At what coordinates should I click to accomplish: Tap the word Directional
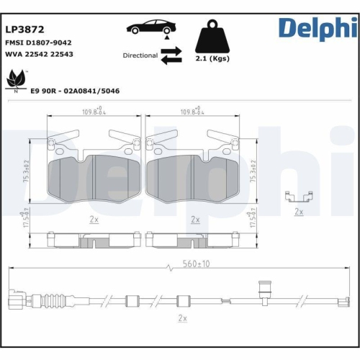pos(140,55)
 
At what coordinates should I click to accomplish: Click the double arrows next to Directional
pos(171,55)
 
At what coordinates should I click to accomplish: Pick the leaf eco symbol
pos(15,78)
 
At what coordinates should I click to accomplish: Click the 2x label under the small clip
pos(299,212)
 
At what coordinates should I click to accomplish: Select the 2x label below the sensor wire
pos(181,318)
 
